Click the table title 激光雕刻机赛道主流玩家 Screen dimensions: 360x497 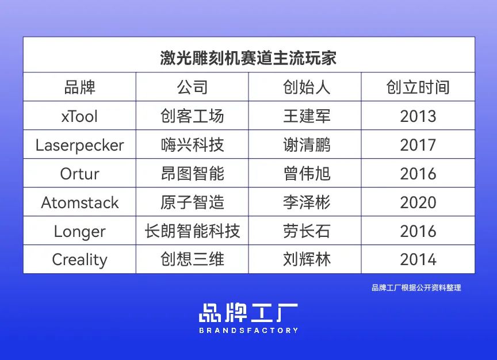(248, 58)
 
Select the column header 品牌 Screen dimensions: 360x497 (79, 87)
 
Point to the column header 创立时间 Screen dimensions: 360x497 (418, 87)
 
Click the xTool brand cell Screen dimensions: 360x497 (79, 117)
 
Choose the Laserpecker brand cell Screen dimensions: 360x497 (79, 145)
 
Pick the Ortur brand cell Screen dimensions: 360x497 (79, 174)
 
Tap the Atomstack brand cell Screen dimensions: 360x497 (79, 202)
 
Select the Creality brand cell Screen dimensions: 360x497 (79, 260)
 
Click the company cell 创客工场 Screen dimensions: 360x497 (192, 117)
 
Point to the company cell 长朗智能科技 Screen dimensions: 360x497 (192, 231)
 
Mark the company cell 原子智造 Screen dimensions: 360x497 (192, 202)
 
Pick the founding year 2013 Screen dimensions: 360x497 (418, 117)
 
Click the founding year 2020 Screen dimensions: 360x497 (418, 202)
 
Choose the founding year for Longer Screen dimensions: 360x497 (418, 231)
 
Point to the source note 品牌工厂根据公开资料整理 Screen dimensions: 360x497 (416, 288)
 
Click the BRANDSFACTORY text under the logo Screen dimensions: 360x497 (248, 331)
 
